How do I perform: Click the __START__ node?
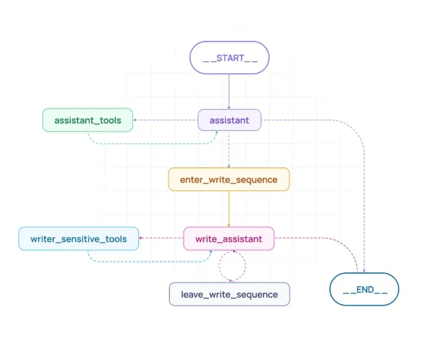click(x=229, y=58)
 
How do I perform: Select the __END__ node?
click(x=364, y=289)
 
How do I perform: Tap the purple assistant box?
click(x=229, y=120)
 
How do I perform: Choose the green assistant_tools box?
click(x=88, y=120)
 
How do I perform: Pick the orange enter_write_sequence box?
click(x=228, y=179)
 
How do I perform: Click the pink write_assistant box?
click(x=228, y=239)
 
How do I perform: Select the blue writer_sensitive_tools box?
click(x=78, y=239)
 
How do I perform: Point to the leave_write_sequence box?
click(x=229, y=294)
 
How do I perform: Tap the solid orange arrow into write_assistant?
click(x=229, y=209)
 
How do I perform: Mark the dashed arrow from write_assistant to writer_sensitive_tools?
click(x=161, y=238)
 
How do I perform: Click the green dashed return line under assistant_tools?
click(x=153, y=143)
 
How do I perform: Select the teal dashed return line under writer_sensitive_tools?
click(x=149, y=262)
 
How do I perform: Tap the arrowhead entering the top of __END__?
click(x=364, y=271)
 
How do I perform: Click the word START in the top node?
click(x=230, y=58)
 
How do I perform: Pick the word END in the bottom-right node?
click(x=365, y=289)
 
